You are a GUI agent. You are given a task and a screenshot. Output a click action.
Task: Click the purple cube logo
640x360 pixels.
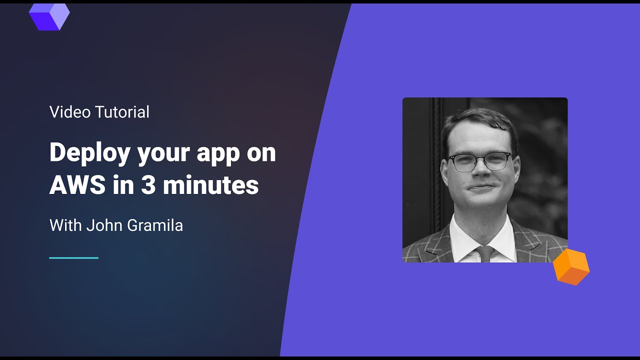tap(49, 16)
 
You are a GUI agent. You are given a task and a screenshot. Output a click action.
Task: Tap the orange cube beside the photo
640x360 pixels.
tap(571, 267)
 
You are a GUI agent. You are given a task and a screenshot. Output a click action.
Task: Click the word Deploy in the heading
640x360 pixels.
tap(90, 153)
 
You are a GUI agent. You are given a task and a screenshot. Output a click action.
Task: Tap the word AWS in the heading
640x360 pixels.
tap(77, 185)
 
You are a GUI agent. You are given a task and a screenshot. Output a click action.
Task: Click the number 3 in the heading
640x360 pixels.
tap(148, 185)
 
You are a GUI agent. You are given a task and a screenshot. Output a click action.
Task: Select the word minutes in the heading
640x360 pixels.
tap(210, 185)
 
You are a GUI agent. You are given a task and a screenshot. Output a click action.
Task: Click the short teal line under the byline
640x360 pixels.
tap(73, 258)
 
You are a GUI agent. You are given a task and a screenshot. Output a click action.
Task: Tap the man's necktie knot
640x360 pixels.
tap(485, 250)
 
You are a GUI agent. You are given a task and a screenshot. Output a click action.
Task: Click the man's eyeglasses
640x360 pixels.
tap(479, 161)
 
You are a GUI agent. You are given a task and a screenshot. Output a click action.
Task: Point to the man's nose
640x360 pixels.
tap(480, 172)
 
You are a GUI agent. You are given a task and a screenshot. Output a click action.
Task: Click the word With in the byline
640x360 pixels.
tap(65, 225)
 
